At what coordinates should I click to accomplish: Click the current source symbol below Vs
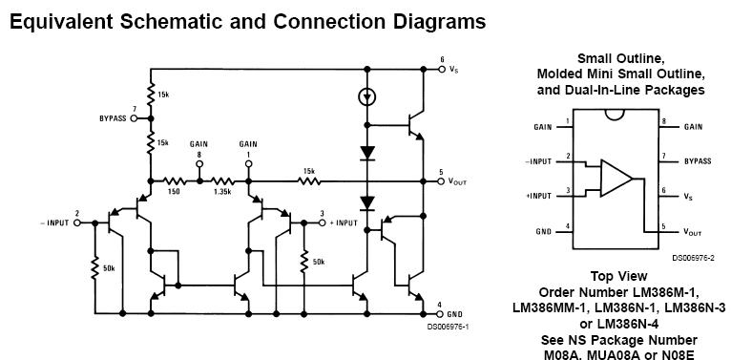[367, 97]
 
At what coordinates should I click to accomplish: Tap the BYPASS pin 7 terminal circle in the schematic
[134, 118]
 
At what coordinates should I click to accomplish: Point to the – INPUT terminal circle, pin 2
[77, 222]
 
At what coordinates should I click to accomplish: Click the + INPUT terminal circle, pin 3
[322, 222]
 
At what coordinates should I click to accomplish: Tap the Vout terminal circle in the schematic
[442, 180]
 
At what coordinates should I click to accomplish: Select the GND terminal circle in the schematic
[442, 314]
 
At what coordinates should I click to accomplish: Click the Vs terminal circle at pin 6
[442, 70]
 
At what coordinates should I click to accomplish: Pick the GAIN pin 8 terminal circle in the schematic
[199, 163]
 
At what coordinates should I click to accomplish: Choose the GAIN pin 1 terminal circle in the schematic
[248, 163]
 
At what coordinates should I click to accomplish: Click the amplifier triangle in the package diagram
[616, 179]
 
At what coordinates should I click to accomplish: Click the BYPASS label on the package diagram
[698, 161]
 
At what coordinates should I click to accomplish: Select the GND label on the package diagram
[544, 232]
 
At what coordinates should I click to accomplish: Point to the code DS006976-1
[448, 327]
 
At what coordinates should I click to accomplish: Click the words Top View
[618, 276]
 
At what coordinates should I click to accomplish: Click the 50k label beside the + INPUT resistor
[319, 262]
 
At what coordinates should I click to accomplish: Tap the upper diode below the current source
[367, 153]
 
